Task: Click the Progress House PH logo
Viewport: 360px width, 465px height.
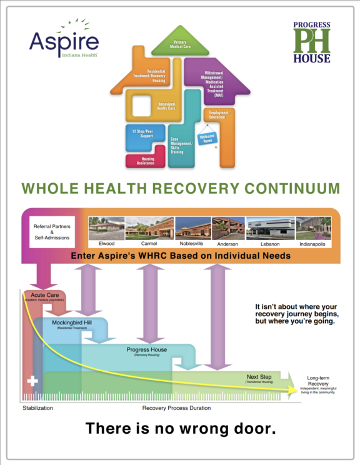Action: (x=312, y=42)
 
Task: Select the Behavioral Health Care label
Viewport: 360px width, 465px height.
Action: (x=166, y=106)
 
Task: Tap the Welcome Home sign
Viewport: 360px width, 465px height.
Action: (x=207, y=139)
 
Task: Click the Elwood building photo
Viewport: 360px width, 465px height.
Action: (x=106, y=228)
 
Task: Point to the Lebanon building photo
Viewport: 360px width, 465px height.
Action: (x=269, y=228)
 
